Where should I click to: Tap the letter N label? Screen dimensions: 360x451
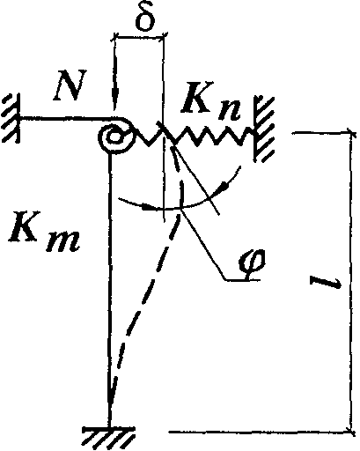tap(70, 85)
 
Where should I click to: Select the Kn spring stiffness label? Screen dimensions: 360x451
tap(210, 107)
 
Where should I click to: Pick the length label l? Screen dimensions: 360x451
tap(326, 284)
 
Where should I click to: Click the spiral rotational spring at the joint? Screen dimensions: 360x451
tap(115, 137)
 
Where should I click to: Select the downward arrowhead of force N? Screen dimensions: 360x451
tap(115, 98)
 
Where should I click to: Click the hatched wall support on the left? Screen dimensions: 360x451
tap(11, 117)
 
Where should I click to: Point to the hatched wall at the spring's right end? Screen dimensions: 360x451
tap(264, 129)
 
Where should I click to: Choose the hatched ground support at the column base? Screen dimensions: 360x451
tap(108, 435)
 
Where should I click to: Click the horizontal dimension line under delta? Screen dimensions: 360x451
tap(139, 37)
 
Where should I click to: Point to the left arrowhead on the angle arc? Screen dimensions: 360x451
tap(149, 207)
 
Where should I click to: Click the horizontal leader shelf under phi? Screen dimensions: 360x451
tap(242, 281)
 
